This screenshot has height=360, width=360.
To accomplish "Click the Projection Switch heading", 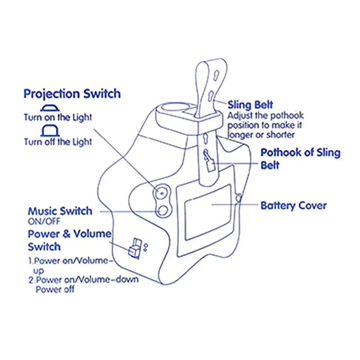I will (72, 94).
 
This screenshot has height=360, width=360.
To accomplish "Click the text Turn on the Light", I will (58, 117).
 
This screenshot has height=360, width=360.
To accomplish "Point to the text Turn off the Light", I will (58, 141).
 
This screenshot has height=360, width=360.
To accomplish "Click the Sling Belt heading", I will (250, 105).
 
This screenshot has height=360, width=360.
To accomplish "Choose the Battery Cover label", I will (293, 206).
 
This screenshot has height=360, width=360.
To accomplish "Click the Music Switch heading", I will (60, 211).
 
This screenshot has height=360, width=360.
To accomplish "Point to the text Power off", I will (55, 289).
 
